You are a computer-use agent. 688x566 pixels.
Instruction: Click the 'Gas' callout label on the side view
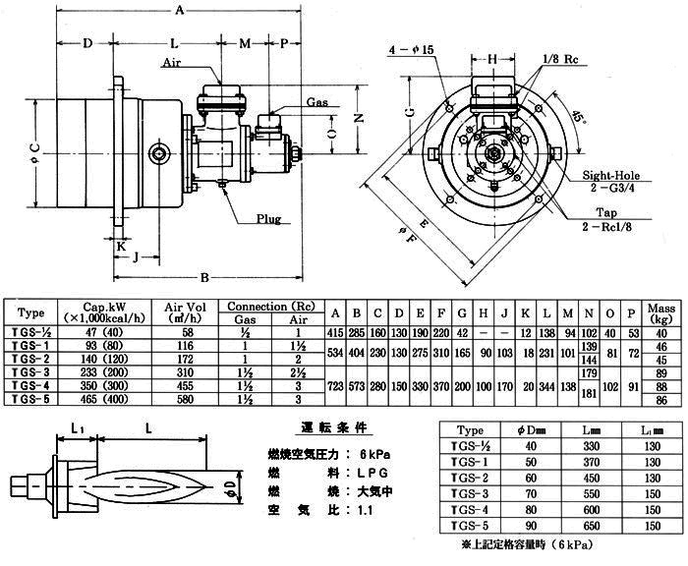pos(316,102)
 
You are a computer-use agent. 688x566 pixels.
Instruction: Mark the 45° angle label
pos(579,116)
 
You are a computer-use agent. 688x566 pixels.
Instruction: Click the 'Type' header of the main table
pos(31,312)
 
